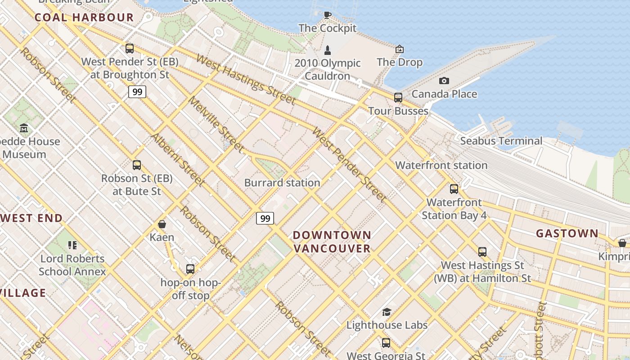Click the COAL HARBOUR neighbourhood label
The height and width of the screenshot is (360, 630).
point(84,18)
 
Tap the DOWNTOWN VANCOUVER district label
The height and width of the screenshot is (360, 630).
point(332,242)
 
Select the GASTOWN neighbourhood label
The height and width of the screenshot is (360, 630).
point(567,234)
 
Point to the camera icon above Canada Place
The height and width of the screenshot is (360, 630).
point(444,81)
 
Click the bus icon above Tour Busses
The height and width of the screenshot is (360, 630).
point(398,97)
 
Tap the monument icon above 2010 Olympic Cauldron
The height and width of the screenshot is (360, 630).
point(328,50)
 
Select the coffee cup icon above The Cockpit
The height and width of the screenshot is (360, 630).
point(328,15)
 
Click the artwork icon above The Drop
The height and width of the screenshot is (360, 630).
point(400,49)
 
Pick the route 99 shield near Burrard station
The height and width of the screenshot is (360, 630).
point(265,219)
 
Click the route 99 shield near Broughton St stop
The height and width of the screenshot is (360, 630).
point(137,92)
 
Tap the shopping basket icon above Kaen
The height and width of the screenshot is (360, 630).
point(162,224)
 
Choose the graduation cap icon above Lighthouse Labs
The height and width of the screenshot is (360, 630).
point(387,312)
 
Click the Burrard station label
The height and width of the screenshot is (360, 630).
point(282,183)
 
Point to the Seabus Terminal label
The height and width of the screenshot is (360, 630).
point(501,141)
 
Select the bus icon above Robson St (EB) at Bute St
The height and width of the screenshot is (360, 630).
point(137,165)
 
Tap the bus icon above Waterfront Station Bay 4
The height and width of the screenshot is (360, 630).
point(454,189)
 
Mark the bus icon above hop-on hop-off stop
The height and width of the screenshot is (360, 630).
point(190,269)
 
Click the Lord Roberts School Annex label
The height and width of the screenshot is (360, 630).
point(72,265)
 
